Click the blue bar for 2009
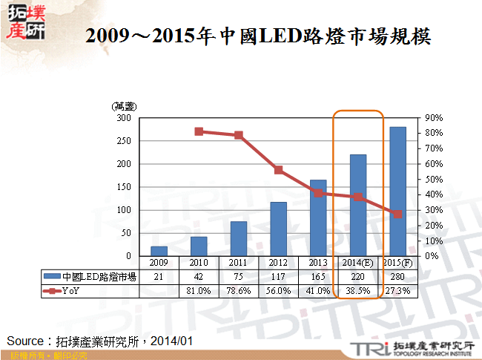[x=159, y=251]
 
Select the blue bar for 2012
[x=278, y=229]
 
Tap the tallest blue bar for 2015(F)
[x=397, y=192]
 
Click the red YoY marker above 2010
[x=199, y=131]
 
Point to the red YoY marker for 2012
[x=278, y=170]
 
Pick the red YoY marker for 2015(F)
[x=397, y=214]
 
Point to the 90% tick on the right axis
[x=435, y=118]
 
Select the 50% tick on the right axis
[x=435, y=180]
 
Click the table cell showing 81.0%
[x=199, y=290]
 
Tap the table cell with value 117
[x=278, y=277]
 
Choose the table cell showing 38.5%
[x=358, y=290]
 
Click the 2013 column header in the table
[x=318, y=263]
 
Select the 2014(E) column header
[x=358, y=263]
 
